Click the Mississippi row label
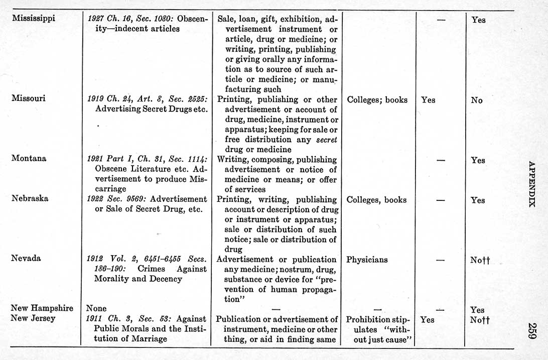click(x=33, y=19)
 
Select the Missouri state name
click(x=28, y=98)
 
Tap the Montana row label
click(x=29, y=158)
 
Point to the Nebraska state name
click(x=30, y=198)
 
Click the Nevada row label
click(x=26, y=258)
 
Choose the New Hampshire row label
click(x=42, y=308)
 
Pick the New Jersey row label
click(x=33, y=318)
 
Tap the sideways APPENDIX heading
click(x=532, y=184)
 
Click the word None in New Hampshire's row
click(x=96, y=308)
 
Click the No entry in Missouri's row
click(x=477, y=100)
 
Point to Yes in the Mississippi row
click(x=478, y=20)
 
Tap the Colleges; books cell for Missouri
click(x=377, y=99)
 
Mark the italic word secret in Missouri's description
click(x=326, y=140)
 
